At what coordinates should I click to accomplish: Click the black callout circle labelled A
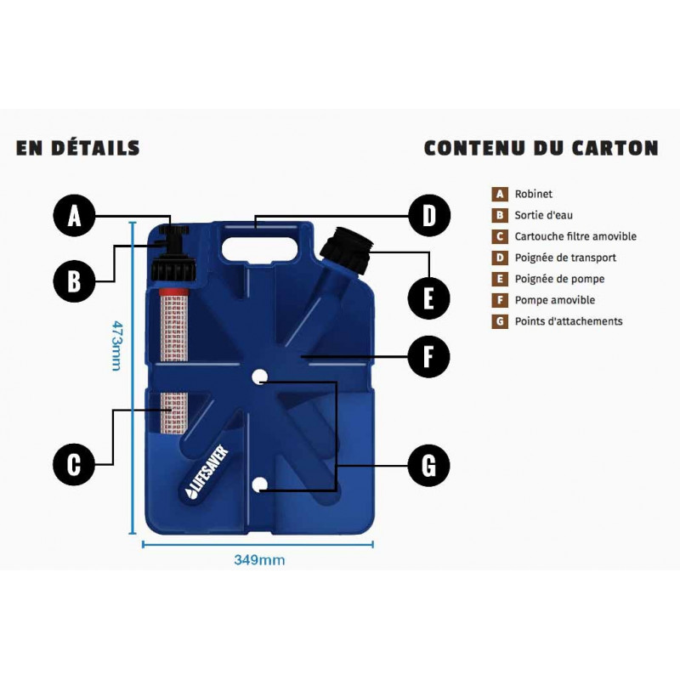click(74, 216)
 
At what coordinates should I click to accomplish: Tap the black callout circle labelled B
click(74, 281)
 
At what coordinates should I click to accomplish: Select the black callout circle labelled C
click(74, 464)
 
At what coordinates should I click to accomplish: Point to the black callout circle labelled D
click(429, 216)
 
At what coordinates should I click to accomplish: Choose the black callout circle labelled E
click(429, 298)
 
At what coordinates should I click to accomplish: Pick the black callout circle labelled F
click(429, 356)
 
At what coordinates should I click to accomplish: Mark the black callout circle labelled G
click(429, 465)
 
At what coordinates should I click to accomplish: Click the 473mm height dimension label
click(116, 346)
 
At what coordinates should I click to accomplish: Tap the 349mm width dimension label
click(259, 560)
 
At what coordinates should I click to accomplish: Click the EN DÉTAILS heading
click(78, 148)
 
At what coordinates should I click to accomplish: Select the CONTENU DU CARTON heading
click(541, 148)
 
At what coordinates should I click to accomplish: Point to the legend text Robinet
click(534, 194)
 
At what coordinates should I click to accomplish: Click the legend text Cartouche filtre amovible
click(575, 236)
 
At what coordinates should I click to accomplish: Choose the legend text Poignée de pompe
click(559, 279)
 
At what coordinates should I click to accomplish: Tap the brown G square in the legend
click(500, 321)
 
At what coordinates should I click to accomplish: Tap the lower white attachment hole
click(259, 484)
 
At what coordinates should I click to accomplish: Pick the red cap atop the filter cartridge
click(173, 292)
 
